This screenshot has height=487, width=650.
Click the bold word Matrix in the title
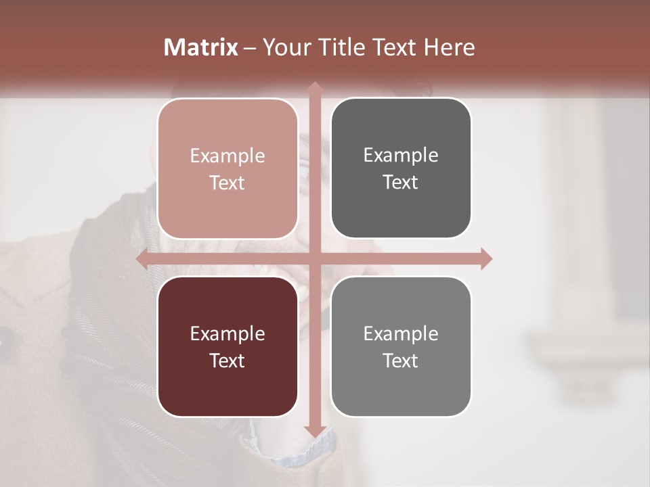(201, 47)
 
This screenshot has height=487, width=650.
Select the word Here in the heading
(450, 47)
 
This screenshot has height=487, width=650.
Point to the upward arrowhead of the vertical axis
(314, 87)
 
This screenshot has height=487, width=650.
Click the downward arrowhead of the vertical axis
(314, 431)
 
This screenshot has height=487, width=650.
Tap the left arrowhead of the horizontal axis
(142, 259)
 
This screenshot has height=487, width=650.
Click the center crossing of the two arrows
(314, 259)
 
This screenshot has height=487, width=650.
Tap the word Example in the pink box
(227, 156)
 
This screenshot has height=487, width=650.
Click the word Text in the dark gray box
(401, 182)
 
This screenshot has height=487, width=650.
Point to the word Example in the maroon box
(227, 333)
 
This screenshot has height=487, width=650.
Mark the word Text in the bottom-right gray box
(401, 361)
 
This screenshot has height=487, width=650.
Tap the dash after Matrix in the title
(251, 48)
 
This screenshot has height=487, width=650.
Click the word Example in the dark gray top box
(401, 156)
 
